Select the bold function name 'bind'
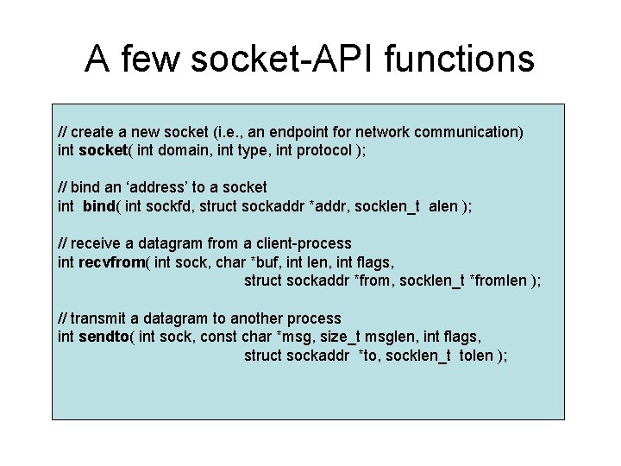pos(102,205)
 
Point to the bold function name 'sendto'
pos(104,337)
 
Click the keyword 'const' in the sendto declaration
pos(216,337)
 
